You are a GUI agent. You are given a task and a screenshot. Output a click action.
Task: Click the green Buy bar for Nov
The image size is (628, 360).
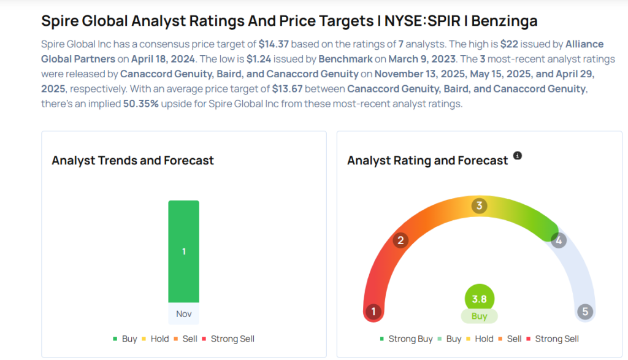(183, 251)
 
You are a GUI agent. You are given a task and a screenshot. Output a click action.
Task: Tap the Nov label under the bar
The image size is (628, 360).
(183, 313)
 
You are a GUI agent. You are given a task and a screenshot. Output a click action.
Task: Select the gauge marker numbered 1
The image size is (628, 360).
(372, 312)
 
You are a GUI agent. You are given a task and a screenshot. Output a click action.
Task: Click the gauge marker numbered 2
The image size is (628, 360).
(400, 240)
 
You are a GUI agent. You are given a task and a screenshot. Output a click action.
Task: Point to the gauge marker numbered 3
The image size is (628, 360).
(479, 205)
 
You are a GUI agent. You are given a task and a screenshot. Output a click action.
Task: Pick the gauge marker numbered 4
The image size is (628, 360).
(558, 240)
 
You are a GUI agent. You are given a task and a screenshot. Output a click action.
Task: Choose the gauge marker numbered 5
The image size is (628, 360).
(585, 312)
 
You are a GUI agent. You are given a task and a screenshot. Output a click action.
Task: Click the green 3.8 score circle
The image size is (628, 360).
(479, 299)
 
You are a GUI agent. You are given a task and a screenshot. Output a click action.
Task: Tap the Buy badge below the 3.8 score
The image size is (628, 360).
(479, 316)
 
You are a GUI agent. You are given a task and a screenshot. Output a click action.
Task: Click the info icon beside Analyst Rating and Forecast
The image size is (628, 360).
(518, 156)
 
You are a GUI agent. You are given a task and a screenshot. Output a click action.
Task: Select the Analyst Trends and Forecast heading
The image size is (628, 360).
(132, 161)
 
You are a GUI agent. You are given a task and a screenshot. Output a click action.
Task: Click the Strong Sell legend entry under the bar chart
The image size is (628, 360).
(232, 339)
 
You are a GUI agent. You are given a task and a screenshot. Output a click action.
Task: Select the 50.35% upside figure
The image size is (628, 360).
(142, 103)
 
